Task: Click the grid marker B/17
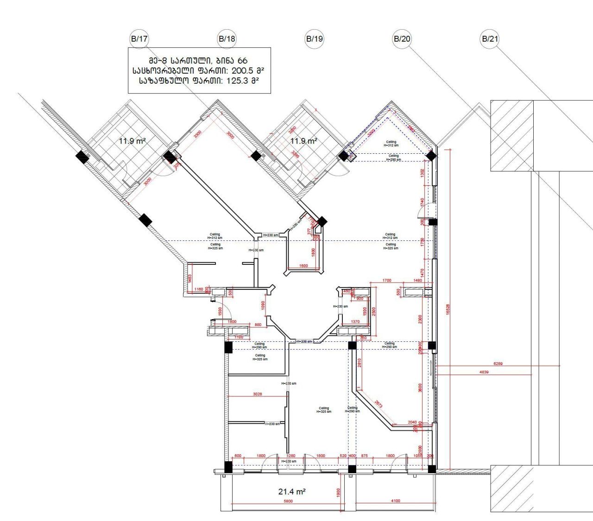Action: [x=139, y=39]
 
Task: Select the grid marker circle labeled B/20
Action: [x=402, y=39]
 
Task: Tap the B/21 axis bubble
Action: [x=490, y=39]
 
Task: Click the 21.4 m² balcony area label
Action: [x=292, y=491]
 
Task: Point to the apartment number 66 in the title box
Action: [x=242, y=61]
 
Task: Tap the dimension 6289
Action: [x=498, y=364]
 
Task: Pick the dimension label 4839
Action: [x=484, y=372]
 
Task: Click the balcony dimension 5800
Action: [x=288, y=501]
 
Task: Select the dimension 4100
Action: [x=395, y=501]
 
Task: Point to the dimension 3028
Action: [x=258, y=394]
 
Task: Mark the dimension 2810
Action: [x=359, y=364]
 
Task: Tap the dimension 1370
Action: [x=355, y=321]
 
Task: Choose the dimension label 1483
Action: [x=190, y=278]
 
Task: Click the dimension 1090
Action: [x=263, y=306]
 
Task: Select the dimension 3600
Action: [x=420, y=388]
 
